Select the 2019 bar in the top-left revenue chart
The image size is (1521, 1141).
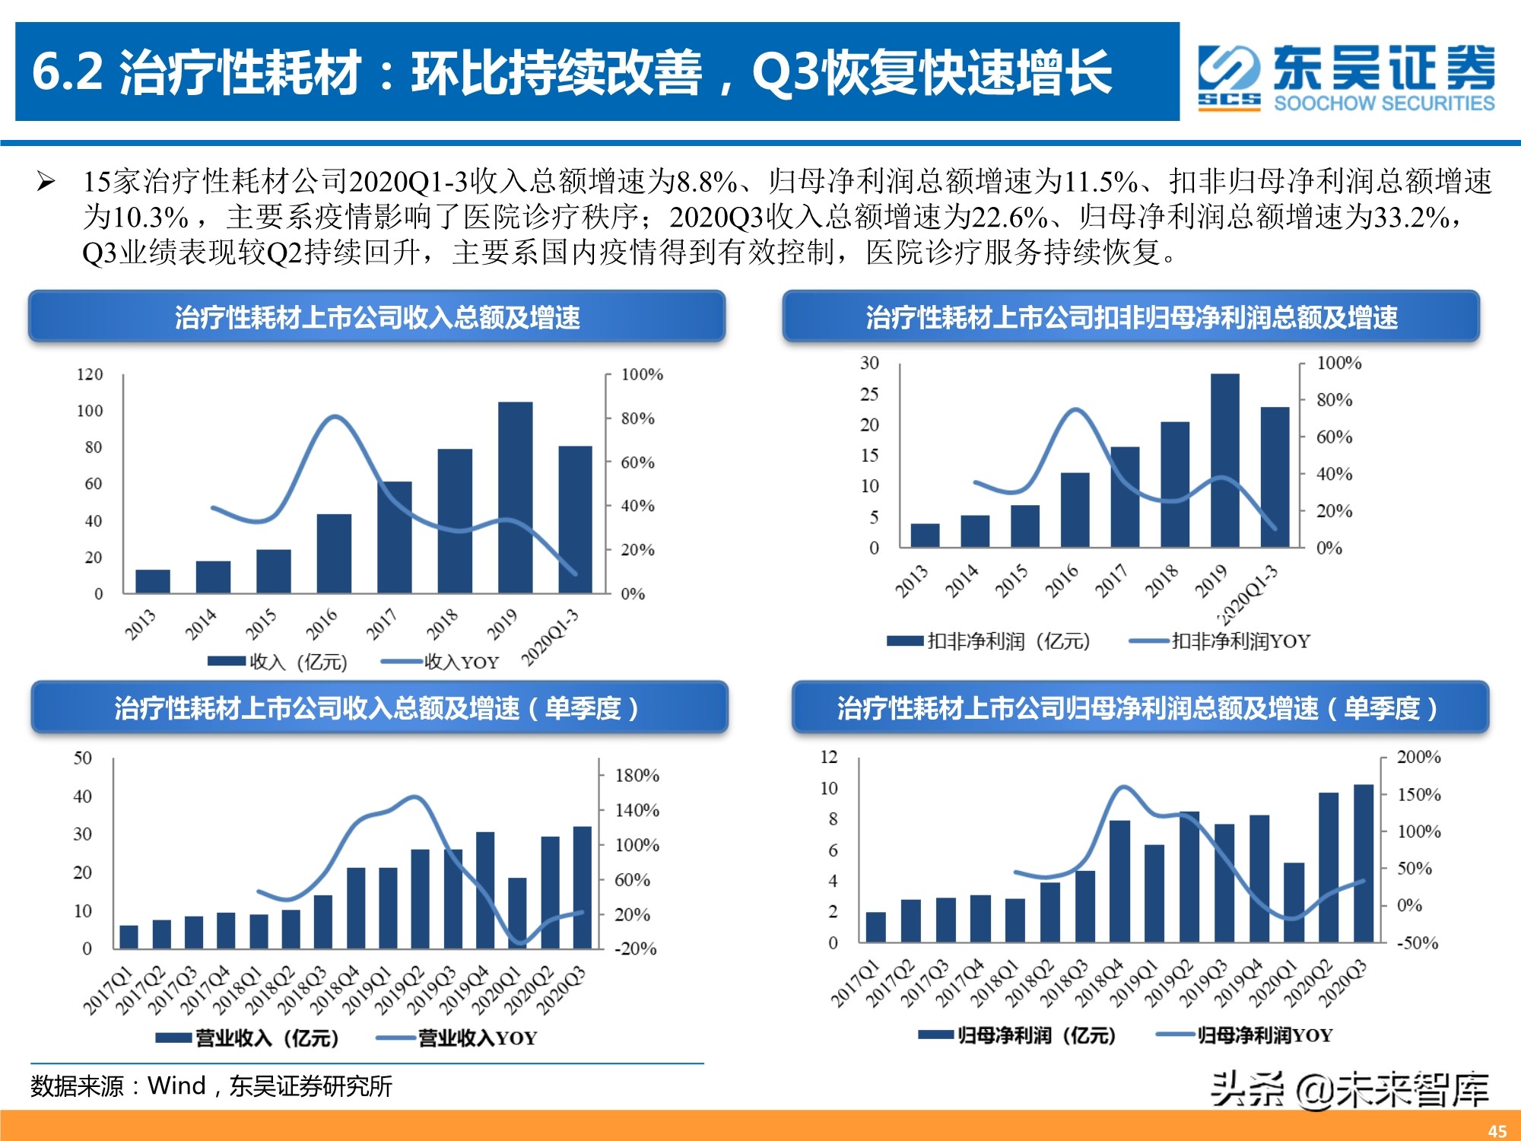click(515, 497)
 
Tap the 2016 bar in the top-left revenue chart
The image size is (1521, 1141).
click(334, 554)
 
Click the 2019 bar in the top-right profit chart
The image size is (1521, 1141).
click(1224, 460)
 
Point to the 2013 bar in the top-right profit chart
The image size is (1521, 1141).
click(925, 536)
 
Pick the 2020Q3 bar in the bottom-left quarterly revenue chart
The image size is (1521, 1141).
click(583, 887)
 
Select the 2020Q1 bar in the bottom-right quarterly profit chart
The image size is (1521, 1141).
click(1294, 903)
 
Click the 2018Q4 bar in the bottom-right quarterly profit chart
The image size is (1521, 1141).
click(1119, 882)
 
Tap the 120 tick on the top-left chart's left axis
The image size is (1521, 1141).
click(89, 374)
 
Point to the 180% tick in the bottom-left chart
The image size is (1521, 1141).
click(637, 776)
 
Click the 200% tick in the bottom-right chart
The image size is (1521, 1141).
click(1418, 757)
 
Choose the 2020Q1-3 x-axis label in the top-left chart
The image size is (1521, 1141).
click(551, 637)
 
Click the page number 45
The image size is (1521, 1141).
click(1497, 1131)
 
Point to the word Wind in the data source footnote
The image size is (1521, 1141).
click(176, 1085)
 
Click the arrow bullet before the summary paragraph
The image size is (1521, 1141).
click(46, 182)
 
